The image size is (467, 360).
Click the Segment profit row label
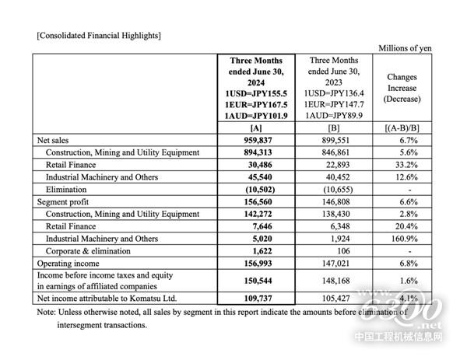(63, 201)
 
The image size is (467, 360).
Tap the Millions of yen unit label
(405, 48)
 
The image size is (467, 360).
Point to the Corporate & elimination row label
(90, 251)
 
